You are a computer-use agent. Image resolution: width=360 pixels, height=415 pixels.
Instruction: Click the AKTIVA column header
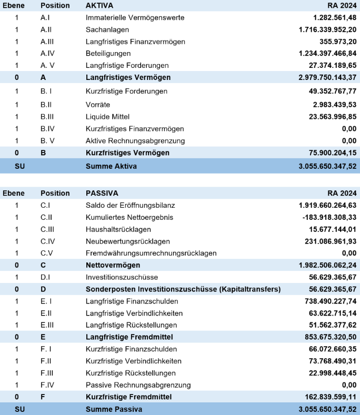pyautogui.click(x=100, y=5)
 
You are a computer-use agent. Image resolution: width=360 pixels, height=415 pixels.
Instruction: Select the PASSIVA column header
pyautogui.click(x=102, y=193)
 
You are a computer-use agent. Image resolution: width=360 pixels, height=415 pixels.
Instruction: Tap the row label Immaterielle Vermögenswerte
pyautogui.click(x=135, y=18)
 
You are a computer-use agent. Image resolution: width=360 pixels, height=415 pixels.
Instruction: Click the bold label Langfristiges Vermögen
pyautogui.click(x=128, y=77)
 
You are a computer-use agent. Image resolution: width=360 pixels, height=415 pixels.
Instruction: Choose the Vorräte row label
pyautogui.click(x=98, y=104)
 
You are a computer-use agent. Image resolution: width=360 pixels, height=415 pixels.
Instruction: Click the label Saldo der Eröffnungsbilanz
pyautogui.click(x=130, y=205)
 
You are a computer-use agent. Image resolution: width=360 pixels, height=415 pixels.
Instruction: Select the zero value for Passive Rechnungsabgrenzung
pyautogui.click(x=349, y=385)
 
